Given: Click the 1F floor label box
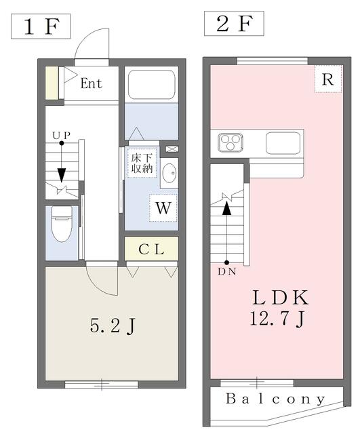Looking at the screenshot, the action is click(41, 26).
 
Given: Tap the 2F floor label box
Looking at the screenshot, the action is click(234, 24).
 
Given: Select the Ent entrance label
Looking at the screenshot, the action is click(92, 83).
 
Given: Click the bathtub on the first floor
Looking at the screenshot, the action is click(152, 84).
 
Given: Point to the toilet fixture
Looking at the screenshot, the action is click(62, 224).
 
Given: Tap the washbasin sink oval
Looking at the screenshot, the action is click(169, 173).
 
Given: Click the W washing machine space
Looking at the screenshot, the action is click(163, 208).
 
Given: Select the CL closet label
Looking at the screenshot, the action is click(151, 249).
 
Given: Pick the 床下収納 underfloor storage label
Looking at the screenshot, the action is click(142, 163).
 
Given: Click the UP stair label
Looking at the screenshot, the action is click(62, 136).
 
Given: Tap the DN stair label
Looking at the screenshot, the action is click(227, 272).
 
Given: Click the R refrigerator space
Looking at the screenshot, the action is click(328, 79).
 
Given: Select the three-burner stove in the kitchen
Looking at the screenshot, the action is click(231, 142).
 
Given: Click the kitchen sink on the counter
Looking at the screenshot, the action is click(283, 143).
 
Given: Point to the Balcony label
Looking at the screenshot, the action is click(276, 399).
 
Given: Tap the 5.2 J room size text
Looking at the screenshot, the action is click(113, 325).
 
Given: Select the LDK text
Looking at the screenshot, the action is click(280, 297).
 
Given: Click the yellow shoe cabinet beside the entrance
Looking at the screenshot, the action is click(52, 83).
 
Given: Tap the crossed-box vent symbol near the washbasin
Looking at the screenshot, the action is click(172, 149).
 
